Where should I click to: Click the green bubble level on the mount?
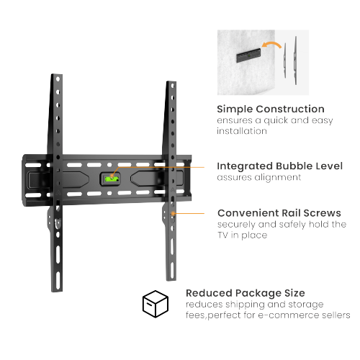pos(112,179)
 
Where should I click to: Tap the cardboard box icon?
pos(156,304)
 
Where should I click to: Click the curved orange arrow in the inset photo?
pos(271,45)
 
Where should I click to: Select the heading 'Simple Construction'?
pos(271,109)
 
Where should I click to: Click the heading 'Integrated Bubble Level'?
pos(279,166)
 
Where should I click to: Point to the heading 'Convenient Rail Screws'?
pos(279,213)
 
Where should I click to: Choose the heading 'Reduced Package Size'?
pos(246,293)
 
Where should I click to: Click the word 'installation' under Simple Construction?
pos(242,131)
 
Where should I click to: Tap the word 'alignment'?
pos(277,178)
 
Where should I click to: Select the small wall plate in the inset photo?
pos(248,55)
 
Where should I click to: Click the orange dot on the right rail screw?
pos(173,214)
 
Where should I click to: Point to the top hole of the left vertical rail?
pos(58,78)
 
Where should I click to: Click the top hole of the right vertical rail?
pos(172,86)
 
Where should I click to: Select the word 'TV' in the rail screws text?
pos(222,235)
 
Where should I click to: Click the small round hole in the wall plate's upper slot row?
pos(109,165)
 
